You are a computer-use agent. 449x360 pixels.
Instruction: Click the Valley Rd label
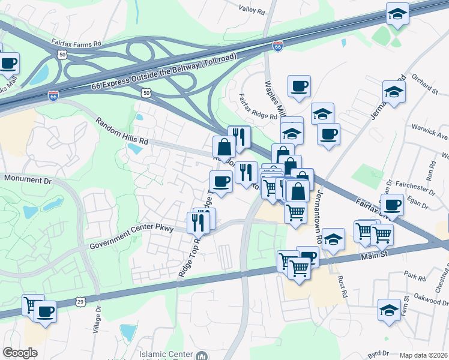[x=251, y=10]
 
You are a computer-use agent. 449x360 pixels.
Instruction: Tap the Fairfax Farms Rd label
[x=76, y=44]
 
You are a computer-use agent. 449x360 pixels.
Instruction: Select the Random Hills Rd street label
[x=122, y=130]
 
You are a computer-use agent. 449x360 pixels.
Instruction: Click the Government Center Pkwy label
[x=131, y=237]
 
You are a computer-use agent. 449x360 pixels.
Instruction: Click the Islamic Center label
[x=166, y=354]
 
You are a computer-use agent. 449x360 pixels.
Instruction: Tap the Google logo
[x=20, y=353]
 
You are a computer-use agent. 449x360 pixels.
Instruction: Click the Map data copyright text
[x=423, y=355]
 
